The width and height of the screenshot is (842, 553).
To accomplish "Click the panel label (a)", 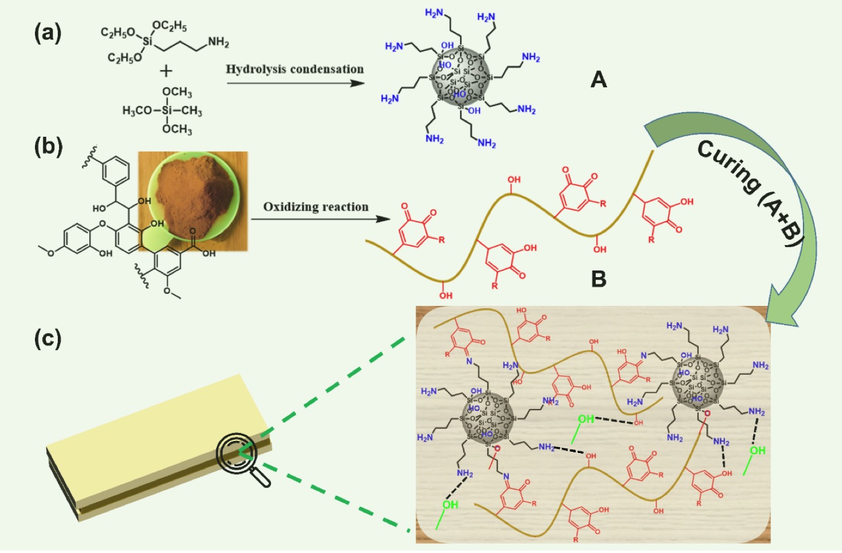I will (48, 33).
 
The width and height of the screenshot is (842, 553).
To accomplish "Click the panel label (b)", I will (48, 146).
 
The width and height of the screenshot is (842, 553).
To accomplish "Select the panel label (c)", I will (48, 339).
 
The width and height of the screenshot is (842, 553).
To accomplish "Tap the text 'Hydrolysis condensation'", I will (295, 69).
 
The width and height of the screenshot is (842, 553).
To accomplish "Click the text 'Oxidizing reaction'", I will (316, 207).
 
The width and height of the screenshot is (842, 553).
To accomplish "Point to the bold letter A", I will (598, 80).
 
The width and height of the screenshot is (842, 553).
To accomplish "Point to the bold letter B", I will (598, 279).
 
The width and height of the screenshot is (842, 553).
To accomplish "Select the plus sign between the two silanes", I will (166, 71).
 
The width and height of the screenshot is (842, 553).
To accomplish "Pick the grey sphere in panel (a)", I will (461, 78).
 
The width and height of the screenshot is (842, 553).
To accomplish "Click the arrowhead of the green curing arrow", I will (786, 307).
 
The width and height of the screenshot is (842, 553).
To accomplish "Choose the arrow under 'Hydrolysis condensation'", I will (295, 83).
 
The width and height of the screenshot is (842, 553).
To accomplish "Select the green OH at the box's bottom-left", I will (450, 505).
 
